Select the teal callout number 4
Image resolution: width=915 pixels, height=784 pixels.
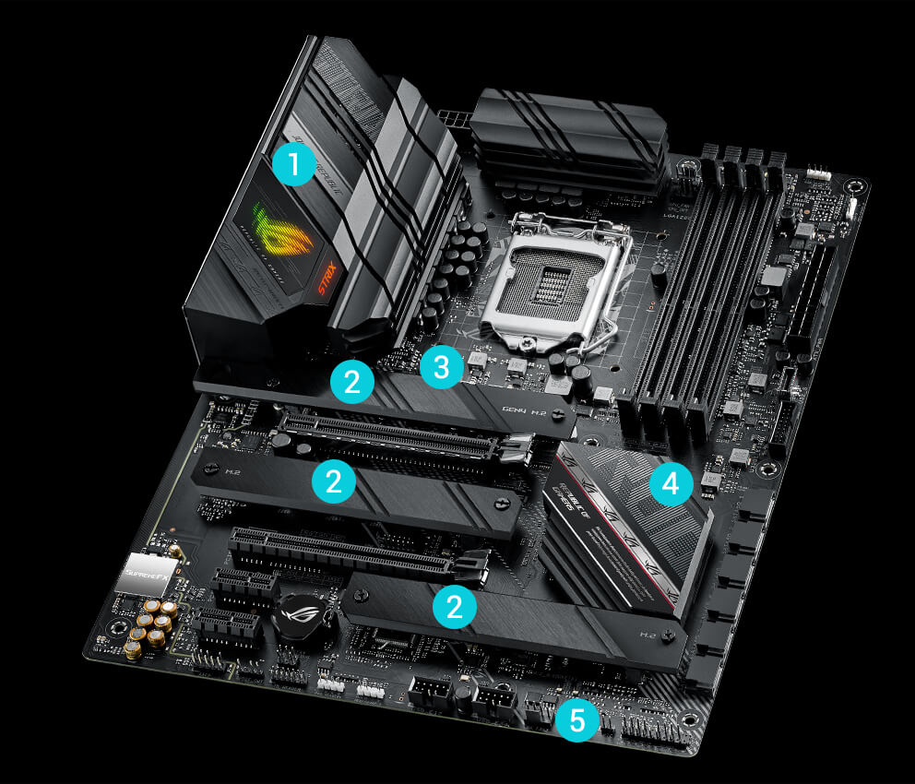click(671, 482)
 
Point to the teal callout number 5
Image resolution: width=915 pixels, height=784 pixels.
click(576, 720)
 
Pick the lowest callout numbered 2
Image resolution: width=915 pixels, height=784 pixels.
click(454, 605)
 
